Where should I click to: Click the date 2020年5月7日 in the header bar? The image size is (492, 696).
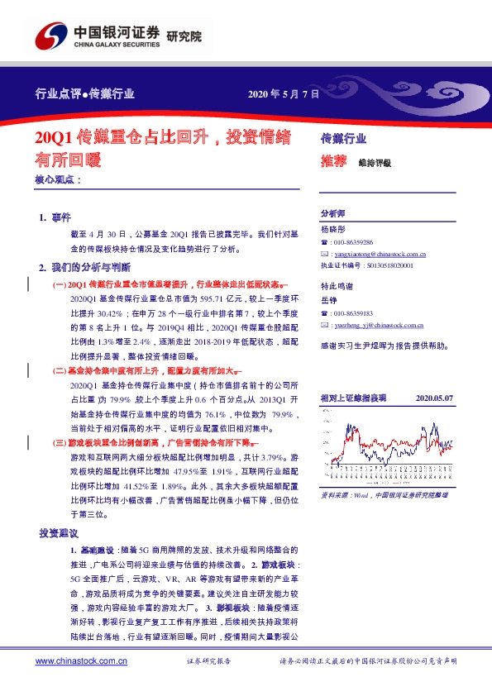pyautogui.click(x=284, y=93)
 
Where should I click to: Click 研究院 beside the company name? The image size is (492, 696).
pyautogui.click(x=184, y=36)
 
